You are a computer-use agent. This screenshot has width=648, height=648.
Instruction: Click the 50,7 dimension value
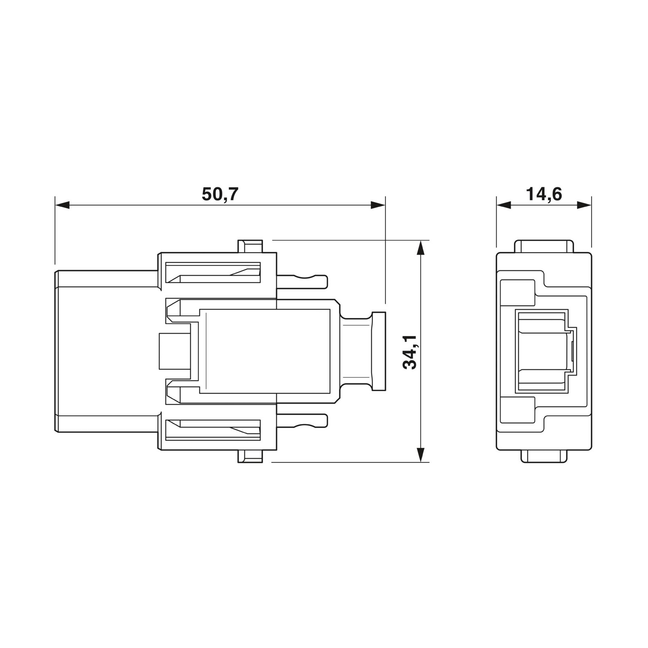point(220,194)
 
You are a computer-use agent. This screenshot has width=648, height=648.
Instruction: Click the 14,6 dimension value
point(544,194)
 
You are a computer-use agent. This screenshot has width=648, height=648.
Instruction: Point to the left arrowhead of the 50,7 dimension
point(62,205)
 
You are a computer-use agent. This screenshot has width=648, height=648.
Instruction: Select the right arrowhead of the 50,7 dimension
point(378,205)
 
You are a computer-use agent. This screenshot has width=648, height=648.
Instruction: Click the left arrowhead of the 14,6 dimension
point(504,205)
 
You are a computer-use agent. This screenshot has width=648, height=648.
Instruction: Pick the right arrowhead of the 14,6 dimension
point(584,205)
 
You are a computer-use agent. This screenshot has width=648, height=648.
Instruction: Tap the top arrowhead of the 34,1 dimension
point(420,247)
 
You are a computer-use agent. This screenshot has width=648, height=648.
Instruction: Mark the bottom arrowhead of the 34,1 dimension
point(420,455)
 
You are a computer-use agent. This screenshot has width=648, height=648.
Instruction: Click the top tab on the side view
point(250,246)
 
